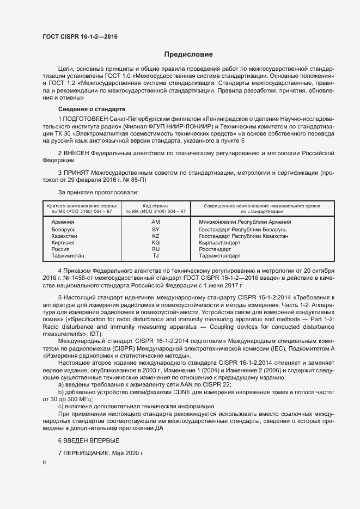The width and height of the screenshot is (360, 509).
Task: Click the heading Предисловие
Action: pos(188,54)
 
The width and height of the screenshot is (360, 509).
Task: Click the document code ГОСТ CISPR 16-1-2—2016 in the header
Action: pos(80,36)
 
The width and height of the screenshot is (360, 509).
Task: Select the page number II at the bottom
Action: pos(44,463)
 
